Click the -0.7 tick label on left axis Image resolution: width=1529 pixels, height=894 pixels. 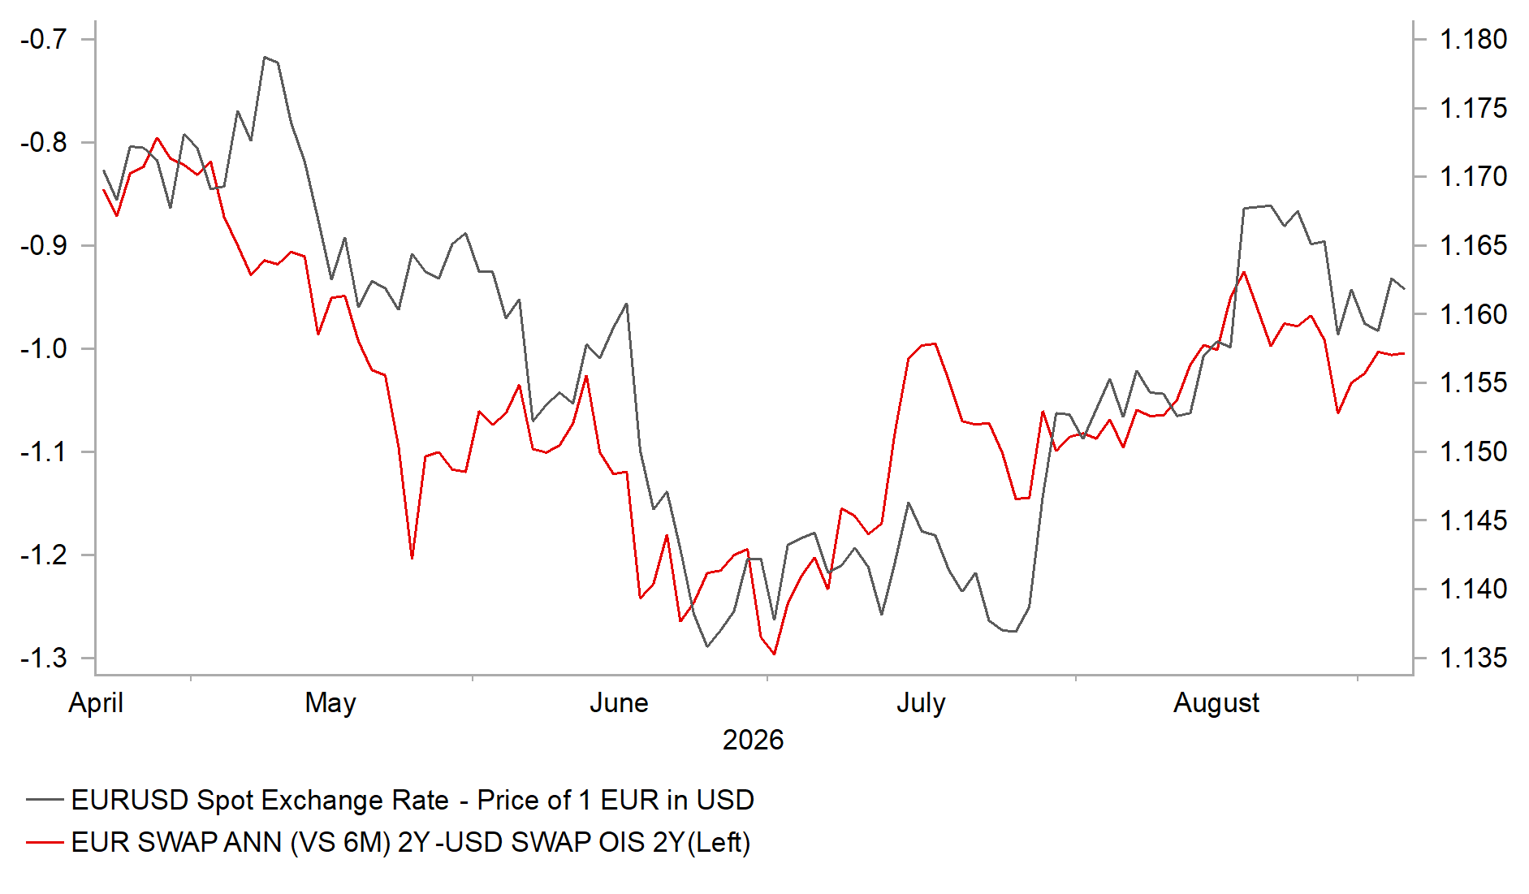click(x=44, y=39)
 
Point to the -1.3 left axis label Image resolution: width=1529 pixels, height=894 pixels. click(x=44, y=658)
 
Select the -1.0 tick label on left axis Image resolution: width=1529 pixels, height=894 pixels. click(x=44, y=348)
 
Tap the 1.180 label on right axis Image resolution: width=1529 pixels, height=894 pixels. click(x=1473, y=39)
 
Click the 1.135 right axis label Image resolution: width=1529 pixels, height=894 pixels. click(x=1473, y=658)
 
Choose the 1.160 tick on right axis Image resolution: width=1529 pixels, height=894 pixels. click(x=1473, y=314)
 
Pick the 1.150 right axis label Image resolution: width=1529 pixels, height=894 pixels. click(x=1473, y=451)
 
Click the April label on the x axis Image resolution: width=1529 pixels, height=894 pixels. click(x=96, y=703)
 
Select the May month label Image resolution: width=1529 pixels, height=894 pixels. click(x=330, y=703)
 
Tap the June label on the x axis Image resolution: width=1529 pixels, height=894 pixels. click(x=619, y=703)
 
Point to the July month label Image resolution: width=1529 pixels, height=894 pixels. click(x=921, y=703)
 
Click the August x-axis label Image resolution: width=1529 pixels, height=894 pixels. click(x=1216, y=703)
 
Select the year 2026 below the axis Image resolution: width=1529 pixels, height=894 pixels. click(x=753, y=741)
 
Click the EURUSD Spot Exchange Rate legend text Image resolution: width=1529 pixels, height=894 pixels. click(x=412, y=801)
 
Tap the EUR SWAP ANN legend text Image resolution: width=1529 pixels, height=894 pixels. click(x=411, y=843)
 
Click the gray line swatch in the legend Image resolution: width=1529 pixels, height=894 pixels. click(x=45, y=800)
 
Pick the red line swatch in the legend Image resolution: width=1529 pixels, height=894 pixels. click(x=45, y=842)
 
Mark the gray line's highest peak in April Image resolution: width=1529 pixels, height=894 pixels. click(x=265, y=57)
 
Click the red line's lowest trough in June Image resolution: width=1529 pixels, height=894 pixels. click(x=775, y=654)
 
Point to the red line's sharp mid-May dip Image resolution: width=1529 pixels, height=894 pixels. click(x=412, y=559)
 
